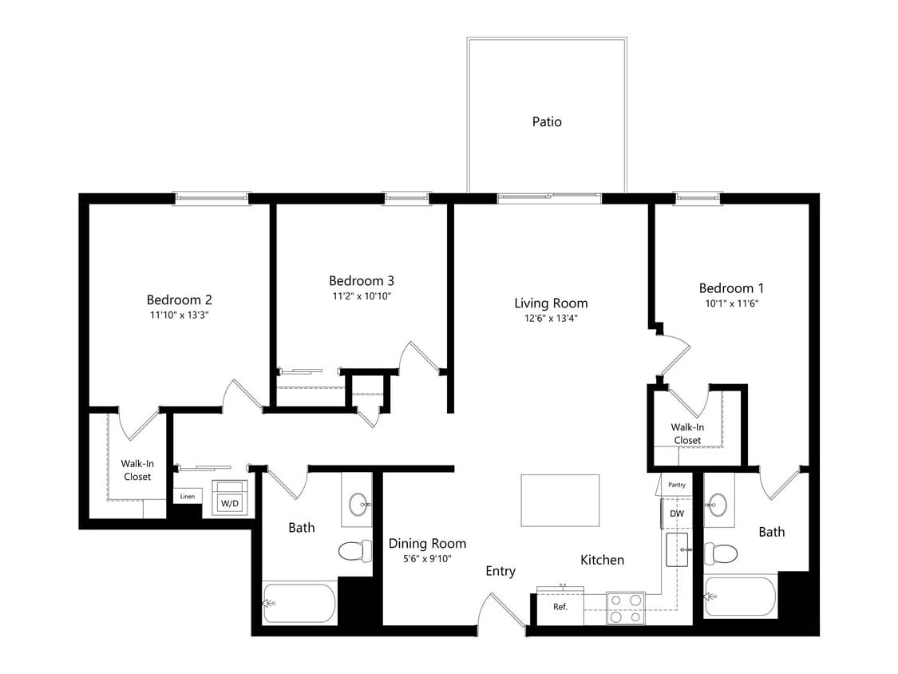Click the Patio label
pos(547,122)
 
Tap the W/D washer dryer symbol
pos(229,502)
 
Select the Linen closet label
pos(187,497)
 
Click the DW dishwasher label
pos(676,513)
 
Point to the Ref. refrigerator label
pos(560,607)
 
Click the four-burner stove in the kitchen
pos(625,609)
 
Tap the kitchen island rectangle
pos(560,500)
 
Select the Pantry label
pos(677,485)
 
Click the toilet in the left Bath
pos(355,551)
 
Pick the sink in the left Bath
pos(358,503)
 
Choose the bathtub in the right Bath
pos(740,596)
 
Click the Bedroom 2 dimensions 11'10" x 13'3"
pos(179,315)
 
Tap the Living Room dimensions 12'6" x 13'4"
pos(551,318)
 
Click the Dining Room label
pos(427,544)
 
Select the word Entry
pos(500,571)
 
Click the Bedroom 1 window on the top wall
pos(698,196)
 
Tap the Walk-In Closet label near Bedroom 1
pos(687,434)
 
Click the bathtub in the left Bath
pos(300,603)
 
